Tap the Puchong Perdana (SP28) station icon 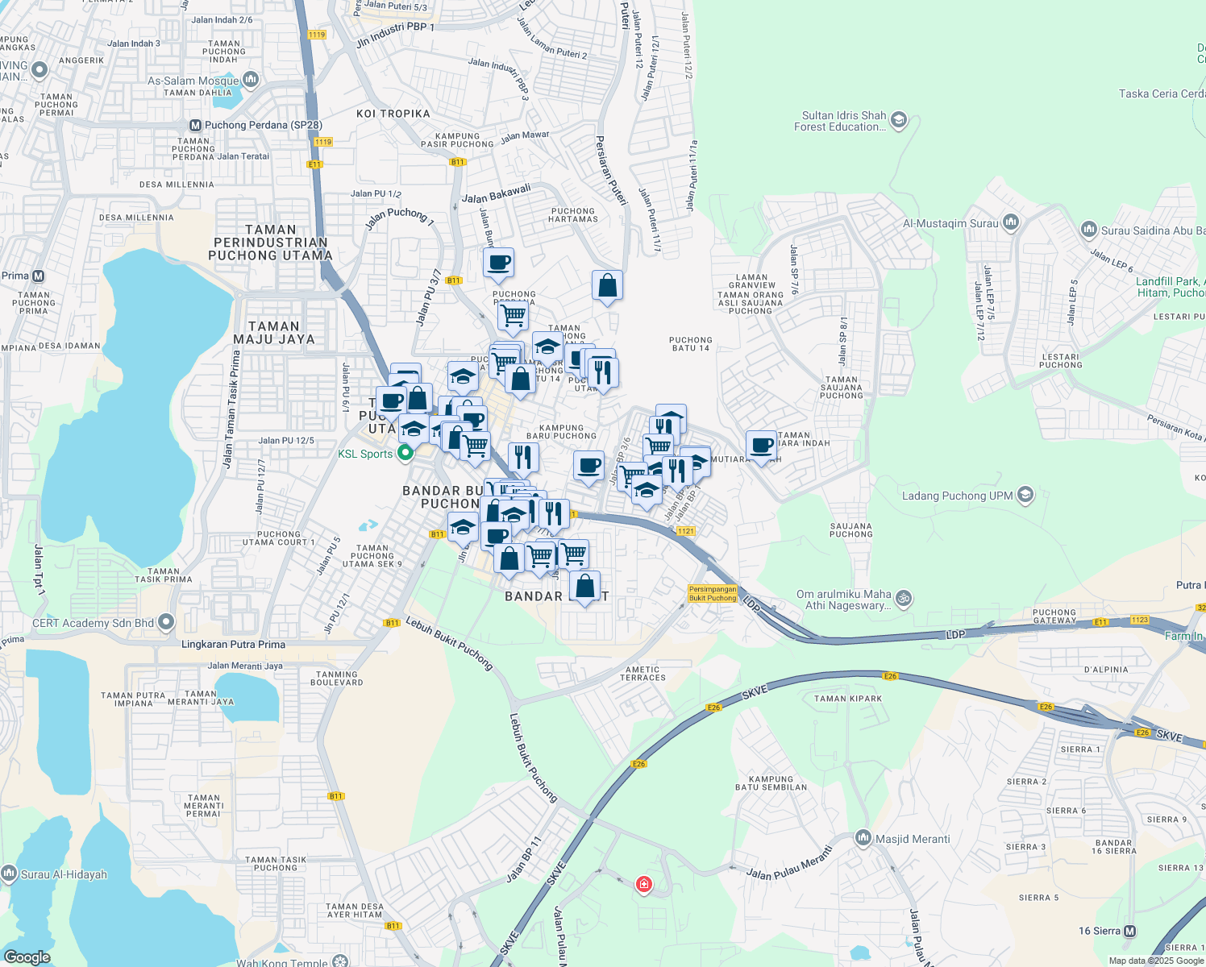point(195,126)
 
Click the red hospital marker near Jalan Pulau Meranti point(643,885)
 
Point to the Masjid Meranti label point(913,839)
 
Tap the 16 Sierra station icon point(1130,932)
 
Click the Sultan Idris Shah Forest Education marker point(899,121)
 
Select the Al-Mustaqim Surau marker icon point(1012,223)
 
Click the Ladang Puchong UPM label point(957,496)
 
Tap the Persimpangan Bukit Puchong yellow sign point(713,594)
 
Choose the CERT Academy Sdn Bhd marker point(166,622)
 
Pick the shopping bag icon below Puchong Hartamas point(607,285)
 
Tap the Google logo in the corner point(27,957)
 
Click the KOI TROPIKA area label point(393,114)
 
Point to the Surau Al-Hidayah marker point(10,874)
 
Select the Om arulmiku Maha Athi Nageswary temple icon point(904,599)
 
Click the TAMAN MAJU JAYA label point(274,333)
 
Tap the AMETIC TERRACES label point(643,674)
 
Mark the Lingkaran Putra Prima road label point(233,645)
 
